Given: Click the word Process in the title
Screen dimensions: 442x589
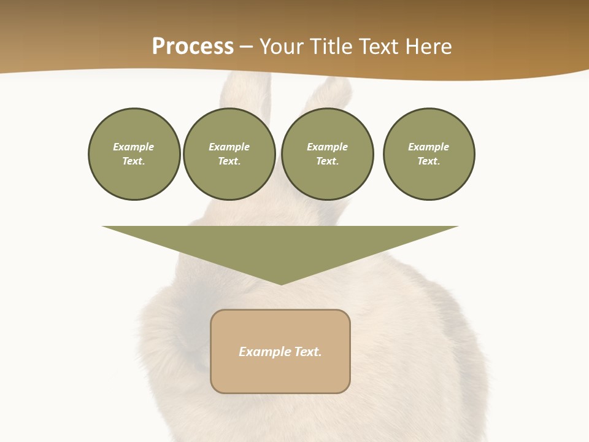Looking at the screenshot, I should pos(193,47).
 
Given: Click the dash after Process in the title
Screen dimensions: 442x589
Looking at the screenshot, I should pos(246,47).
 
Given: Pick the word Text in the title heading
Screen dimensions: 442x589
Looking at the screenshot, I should pos(379,47).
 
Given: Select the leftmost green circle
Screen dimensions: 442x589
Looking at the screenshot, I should pos(134,154).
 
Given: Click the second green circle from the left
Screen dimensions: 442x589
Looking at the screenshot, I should pos(229,154).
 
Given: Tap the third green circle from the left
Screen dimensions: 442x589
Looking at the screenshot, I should pos(327,154).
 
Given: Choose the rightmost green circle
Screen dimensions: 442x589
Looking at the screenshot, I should pos(429,154).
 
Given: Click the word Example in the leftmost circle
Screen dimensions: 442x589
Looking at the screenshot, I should pos(134,147).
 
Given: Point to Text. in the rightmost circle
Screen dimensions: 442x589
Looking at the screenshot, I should pos(429,161).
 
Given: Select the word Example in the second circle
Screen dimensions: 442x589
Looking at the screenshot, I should pos(229,147).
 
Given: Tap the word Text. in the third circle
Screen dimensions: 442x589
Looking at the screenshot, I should pos(327,161).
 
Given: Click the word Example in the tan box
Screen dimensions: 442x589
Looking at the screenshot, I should pos(264,352).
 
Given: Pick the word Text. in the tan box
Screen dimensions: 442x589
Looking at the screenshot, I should pos(307,352).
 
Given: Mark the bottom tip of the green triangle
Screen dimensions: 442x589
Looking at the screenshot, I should pos(281,284).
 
